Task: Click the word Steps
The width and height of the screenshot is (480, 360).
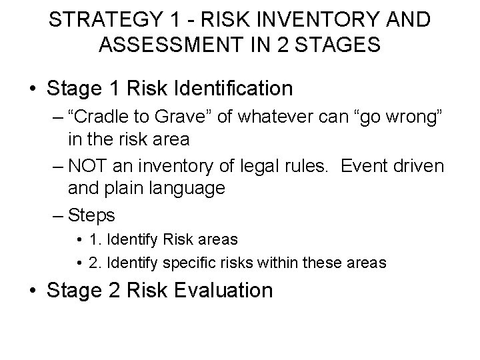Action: [x=92, y=215]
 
